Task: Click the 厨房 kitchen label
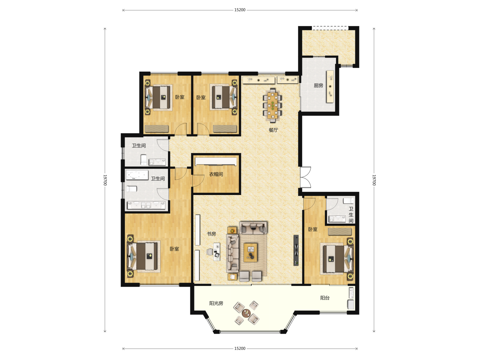pos(318,85)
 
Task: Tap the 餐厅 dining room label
pos(273,130)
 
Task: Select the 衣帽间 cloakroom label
pos(216,174)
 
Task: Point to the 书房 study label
pos(211,234)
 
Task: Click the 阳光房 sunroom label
pos(216,303)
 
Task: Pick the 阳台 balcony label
pos(325,298)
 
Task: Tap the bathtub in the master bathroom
pos(137,175)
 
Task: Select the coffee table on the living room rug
pos(250,252)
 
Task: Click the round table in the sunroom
pos(246,313)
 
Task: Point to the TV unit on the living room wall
pos(296,250)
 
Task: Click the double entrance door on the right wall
pos(305,177)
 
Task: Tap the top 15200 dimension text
pos(240,10)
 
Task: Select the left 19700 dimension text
pos(105,180)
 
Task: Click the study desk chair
pos(209,252)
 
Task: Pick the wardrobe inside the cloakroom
pos(216,162)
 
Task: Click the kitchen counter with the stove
pos(330,87)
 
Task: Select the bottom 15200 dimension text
pos(240,348)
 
